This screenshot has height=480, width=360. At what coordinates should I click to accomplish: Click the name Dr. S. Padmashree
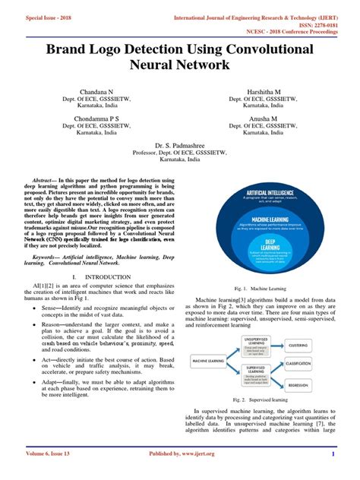[x=180, y=144]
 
